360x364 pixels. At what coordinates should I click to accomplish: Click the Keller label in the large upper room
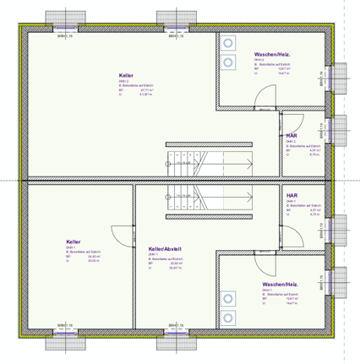[126, 75]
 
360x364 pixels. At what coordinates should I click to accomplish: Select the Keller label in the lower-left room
[74, 242]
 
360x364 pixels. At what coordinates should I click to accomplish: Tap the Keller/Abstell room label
[165, 249]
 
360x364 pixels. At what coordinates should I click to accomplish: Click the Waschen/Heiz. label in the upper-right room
[271, 54]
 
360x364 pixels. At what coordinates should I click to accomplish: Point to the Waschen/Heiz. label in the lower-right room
[280, 284]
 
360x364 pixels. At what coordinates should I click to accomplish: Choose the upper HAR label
[292, 135]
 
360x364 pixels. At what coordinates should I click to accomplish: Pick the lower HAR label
[292, 194]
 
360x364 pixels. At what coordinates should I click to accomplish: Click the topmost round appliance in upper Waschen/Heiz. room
[228, 44]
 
